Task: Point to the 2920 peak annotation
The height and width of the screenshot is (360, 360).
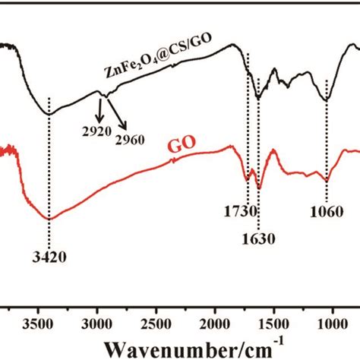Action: [x=96, y=131]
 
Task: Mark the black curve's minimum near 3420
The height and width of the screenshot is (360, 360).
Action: [x=49, y=114]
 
